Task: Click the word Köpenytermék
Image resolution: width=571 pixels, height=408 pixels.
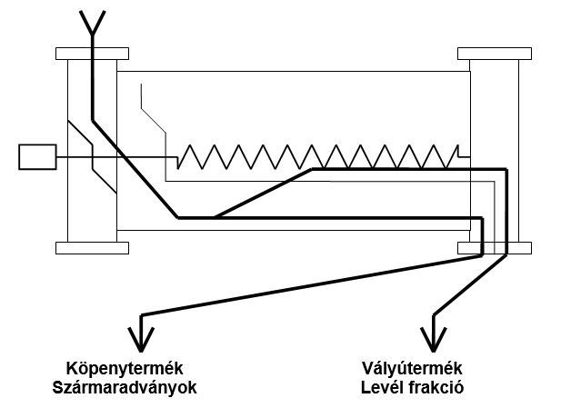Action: [125, 368]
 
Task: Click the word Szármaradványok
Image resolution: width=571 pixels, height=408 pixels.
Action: [125, 386]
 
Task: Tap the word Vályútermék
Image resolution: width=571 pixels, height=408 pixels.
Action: [413, 368]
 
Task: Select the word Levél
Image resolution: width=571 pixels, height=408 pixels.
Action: [380, 386]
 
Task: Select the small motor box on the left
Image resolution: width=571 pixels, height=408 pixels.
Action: [37, 157]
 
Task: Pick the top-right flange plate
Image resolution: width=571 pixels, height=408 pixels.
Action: [495, 54]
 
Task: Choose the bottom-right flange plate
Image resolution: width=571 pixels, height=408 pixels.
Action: [495, 247]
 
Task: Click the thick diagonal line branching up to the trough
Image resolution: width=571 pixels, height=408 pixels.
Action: [264, 193]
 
